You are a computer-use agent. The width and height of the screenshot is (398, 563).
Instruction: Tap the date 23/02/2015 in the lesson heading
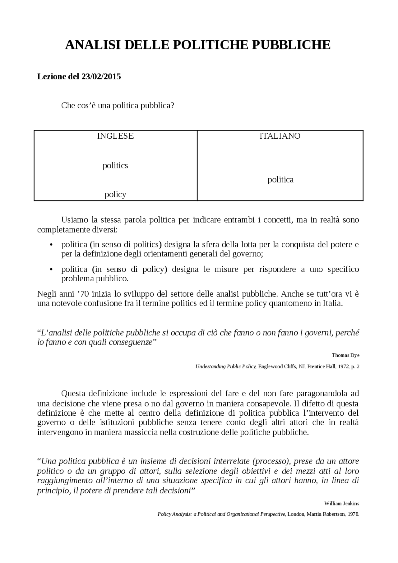101,76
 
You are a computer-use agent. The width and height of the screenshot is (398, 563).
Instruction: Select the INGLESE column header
115,136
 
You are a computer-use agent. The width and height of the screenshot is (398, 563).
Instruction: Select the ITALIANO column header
280,136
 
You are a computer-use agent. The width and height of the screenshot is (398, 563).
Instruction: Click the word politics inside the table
115,165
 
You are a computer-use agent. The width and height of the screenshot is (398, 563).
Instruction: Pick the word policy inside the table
115,195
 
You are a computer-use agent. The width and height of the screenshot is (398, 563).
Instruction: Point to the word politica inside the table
280,180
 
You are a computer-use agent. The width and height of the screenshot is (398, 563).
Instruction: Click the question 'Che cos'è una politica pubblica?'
118,105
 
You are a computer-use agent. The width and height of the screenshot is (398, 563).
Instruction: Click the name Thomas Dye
345,355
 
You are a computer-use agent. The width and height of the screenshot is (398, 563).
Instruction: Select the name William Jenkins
341,503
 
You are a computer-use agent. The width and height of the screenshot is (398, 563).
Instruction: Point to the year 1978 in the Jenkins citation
354,514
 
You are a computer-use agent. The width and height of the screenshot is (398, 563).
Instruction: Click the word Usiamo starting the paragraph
75,220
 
